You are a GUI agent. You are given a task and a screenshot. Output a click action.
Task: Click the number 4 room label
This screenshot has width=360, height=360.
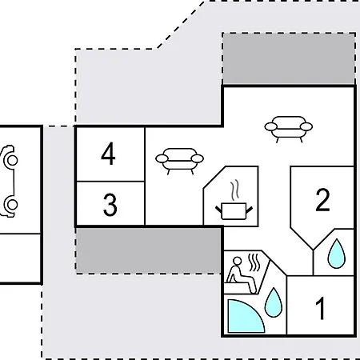click(x=108, y=154)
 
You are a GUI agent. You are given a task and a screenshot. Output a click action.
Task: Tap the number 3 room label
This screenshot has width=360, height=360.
click(x=110, y=205)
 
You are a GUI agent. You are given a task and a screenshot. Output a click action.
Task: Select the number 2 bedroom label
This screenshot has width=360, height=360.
click(x=322, y=200)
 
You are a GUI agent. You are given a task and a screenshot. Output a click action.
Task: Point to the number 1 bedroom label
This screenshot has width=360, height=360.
click(x=321, y=308)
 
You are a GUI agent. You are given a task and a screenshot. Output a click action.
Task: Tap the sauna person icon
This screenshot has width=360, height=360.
click(x=240, y=274)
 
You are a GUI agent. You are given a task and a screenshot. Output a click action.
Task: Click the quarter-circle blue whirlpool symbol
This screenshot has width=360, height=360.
click(x=246, y=316)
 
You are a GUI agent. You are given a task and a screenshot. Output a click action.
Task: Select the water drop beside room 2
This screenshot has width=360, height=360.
click(x=337, y=254)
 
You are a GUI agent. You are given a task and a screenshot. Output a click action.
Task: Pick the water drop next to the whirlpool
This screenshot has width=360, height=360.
click(x=274, y=302)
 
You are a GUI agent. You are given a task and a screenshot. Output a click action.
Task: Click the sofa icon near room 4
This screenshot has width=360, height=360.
click(x=179, y=161)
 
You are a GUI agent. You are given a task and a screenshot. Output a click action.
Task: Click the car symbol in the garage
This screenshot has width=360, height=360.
click(x=9, y=182)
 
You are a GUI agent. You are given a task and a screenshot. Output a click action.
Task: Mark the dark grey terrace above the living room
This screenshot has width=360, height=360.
click(x=289, y=58)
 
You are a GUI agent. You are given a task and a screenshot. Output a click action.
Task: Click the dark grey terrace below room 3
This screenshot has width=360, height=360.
click(x=148, y=250)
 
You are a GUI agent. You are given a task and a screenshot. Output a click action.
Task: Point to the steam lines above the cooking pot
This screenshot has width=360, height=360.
click(x=234, y=190)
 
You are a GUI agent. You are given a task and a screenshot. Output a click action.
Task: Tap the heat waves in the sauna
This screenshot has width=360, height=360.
click(x=254, y=262)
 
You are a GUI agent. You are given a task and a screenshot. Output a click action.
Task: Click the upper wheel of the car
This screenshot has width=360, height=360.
click(x=12, y=161)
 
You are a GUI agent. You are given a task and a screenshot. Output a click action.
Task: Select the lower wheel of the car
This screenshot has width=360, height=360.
click(x=12, y=205)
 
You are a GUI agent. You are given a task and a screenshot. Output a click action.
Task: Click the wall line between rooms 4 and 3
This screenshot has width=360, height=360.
click(x=110, y=182)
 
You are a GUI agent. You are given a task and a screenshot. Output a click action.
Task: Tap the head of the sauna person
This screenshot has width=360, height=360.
click(x=237, y=261)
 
